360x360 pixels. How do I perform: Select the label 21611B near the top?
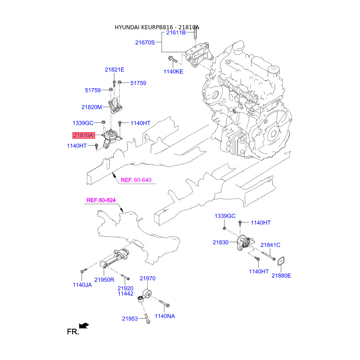click(176, 33)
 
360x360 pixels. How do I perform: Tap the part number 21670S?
click(145, 43)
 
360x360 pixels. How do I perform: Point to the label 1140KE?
click(173, 71)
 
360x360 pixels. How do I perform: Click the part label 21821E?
click(114, 70)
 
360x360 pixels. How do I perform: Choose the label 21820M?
click(92, 107)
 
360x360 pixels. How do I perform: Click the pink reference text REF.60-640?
click(136, 180)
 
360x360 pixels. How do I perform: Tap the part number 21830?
click(221, 242)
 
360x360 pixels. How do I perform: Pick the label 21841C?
click(270, 245)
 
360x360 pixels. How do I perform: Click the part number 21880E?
click(281, 275)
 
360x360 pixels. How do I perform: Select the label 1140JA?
click(83, 285)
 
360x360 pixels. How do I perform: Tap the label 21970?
click(147, 279)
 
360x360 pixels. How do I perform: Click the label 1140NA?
click(165, 316)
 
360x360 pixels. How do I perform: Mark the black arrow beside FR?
click(83, 325)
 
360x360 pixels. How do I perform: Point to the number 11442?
click(126, 294)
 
